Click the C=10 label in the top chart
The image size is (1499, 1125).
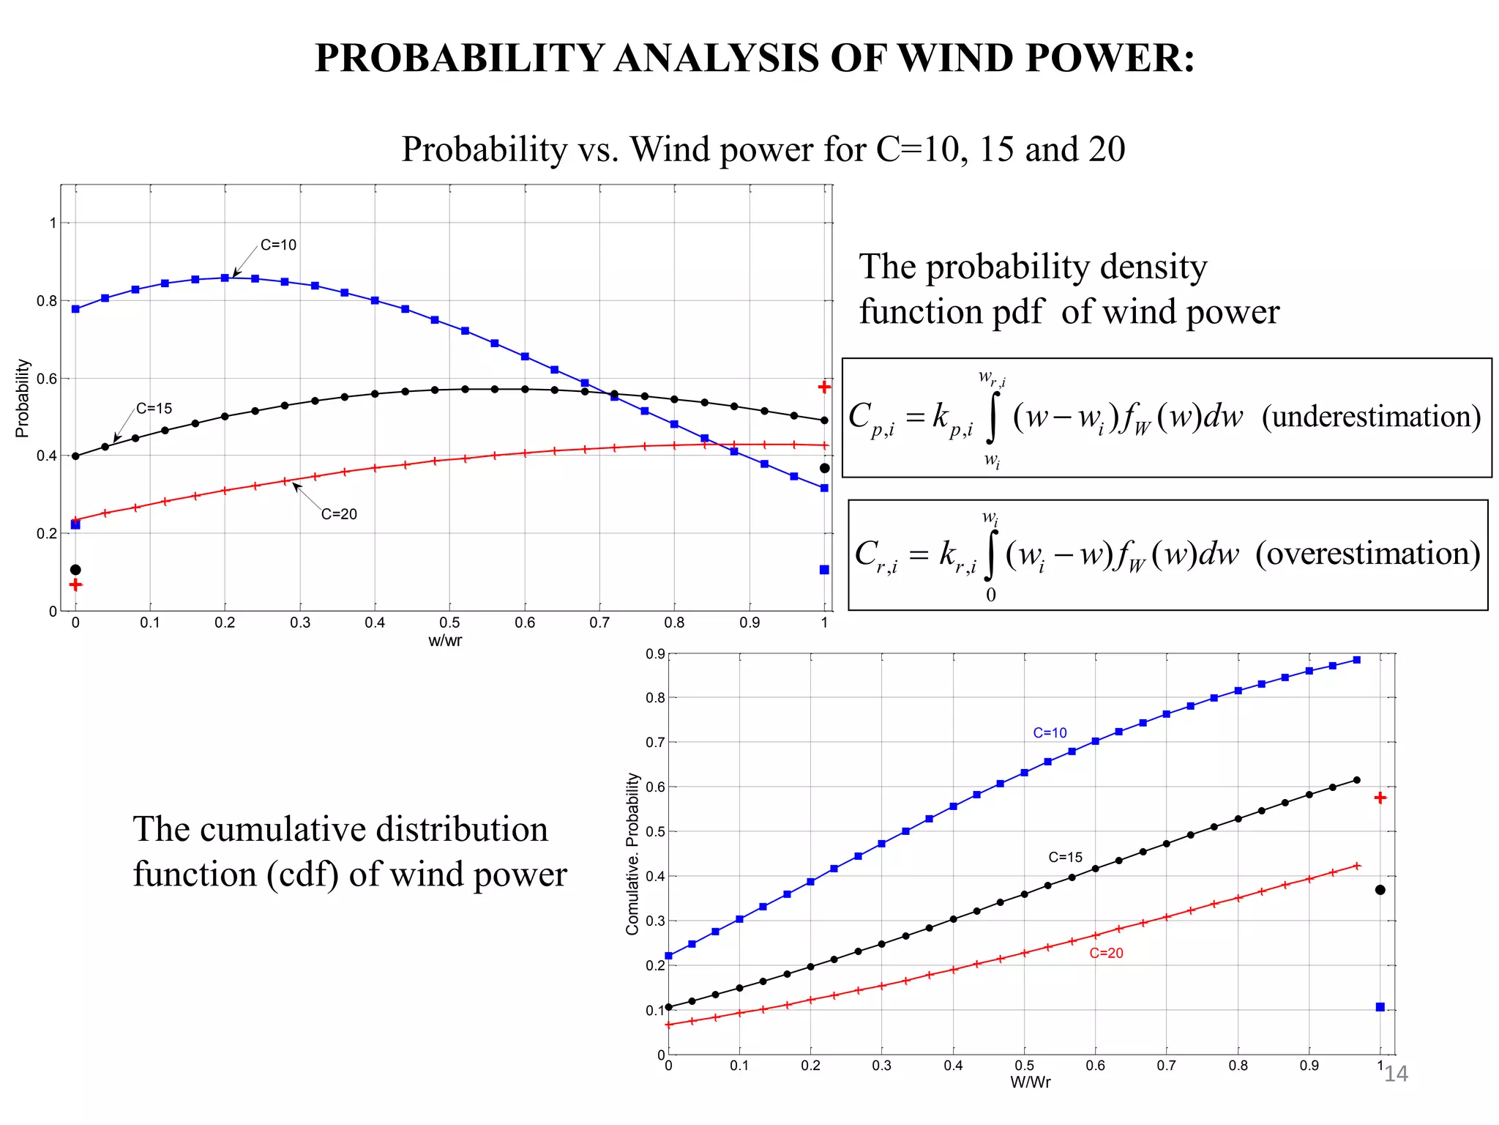point(278,245)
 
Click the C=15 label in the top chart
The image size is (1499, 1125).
point(154,409)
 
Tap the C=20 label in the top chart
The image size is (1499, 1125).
point(339,514)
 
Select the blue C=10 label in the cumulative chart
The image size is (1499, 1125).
point(1050,732)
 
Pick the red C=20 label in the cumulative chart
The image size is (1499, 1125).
point(1106,953)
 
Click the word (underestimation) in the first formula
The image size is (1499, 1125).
point(1371,416)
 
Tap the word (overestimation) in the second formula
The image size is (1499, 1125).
point(1367,553)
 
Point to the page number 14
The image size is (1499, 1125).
point(1395,1074)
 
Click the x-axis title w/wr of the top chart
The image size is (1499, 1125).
point(445,641)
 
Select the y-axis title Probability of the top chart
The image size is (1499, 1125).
point(23,398)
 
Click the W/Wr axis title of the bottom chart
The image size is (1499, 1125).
point(1030,1082)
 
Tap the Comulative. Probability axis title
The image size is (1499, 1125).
point(632,854)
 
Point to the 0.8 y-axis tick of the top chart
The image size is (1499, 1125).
point(47,301)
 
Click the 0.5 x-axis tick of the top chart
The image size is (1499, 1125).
point(449,623)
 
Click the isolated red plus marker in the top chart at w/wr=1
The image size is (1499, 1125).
point(824,387)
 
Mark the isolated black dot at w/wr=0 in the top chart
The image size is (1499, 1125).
point(75,570)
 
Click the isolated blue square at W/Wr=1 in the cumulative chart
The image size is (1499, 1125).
point(1380,1007)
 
